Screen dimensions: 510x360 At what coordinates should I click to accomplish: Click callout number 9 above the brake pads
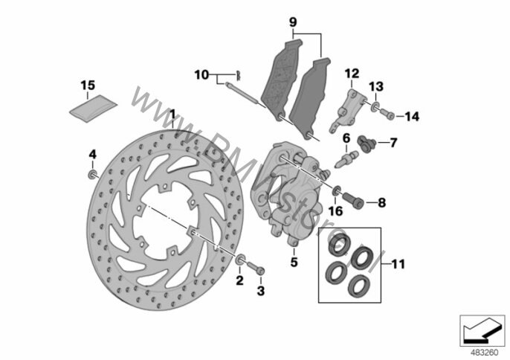point(293,22)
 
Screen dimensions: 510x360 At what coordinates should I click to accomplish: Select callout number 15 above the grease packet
point(88,86)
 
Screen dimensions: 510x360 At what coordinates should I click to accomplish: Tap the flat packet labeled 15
point(94,109)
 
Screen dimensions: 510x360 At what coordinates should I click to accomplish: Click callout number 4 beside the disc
point(93,154)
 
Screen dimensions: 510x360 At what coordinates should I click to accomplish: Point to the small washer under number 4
point(93,175)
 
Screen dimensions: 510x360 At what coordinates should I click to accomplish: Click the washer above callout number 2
point(240,260)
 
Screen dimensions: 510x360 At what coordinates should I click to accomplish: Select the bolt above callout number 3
point(257,268)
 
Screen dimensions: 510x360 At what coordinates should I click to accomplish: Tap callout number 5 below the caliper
point(294,262)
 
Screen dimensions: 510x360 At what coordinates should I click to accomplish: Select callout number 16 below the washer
point(336,211)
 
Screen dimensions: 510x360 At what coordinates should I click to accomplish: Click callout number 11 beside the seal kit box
point(398,264)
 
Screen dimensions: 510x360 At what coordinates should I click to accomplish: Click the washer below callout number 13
point(375,106)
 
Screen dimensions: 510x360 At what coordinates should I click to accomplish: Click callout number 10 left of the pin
point(201,75)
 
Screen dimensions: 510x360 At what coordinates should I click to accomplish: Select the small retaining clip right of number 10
point(239,76)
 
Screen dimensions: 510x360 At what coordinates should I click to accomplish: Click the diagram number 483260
point(485,353)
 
